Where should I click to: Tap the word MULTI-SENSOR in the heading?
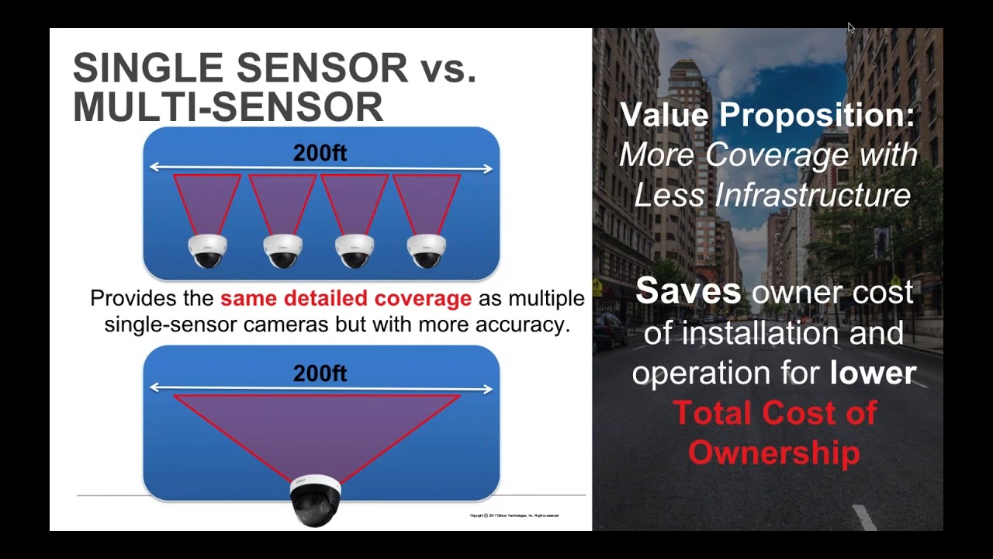pos(228,106)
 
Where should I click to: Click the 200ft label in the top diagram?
pos(320,153)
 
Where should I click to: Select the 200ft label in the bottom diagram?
pos(320,373)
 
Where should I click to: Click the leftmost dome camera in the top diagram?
pos(208,251)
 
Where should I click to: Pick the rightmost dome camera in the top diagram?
pos(427,251)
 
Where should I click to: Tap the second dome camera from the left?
pos(282,251)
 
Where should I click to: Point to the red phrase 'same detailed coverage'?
pos(345,299)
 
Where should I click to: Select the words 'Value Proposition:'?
pos(767,115)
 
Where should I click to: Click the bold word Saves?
pos(688,292)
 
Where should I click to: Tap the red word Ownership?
pos(773,453)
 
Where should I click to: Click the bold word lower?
pos(873,373)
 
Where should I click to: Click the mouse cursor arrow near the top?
pos(850,27)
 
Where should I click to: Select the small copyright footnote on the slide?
pos(514,516)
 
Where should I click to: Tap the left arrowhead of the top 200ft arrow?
pos(154,167)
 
